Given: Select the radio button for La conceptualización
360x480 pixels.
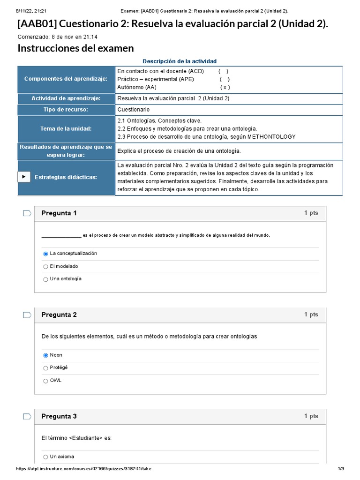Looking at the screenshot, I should (x=45, y=254).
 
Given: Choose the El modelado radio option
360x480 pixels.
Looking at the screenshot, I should (x=45, y=267).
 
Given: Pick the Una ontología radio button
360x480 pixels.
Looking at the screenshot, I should (x=45, y=279).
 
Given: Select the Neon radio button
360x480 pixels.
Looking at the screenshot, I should (x=45, y=355).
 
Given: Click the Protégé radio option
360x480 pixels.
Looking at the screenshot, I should (x=45, y=368).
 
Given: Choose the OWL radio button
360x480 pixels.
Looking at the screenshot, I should (x=45, y=381).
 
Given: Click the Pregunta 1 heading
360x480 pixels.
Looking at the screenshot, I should (x=59, y=213).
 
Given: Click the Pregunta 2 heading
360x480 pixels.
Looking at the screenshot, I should (x=59, y=315).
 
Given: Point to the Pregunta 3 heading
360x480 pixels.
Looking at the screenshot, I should (x=59, y=416).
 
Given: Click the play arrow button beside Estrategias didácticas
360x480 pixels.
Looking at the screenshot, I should (x=24, y=177).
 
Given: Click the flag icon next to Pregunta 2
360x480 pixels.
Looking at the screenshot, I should (x=27, y=315).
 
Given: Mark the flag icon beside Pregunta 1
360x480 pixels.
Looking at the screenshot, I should (x=27, y=213).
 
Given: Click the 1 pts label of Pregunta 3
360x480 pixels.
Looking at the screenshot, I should (x=311, y=416).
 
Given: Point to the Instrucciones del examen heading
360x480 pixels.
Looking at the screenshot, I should (x=75, y=48).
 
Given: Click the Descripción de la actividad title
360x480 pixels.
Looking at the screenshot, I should (x=180, y=61).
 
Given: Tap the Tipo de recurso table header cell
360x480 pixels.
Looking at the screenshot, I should (x=66, y=110).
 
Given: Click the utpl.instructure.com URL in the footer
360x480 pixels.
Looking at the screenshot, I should (x=84, y=469).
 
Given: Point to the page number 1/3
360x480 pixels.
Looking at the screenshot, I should (x=341, y=469).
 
